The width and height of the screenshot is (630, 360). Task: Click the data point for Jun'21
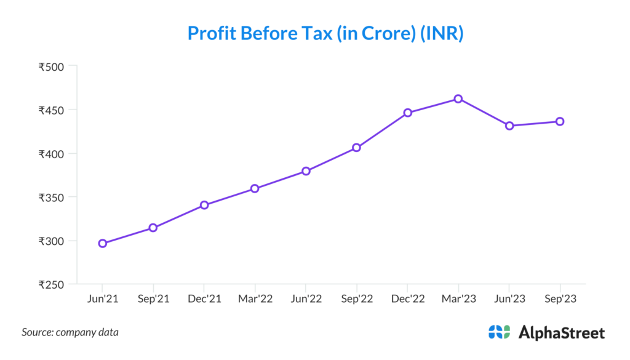(103, 244)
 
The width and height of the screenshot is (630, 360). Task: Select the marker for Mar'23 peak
(458, 98)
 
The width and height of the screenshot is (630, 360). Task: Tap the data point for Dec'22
(407, 113)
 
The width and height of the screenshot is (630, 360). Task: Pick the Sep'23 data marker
(560, 121)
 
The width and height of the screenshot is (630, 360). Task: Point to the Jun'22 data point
(306, 171)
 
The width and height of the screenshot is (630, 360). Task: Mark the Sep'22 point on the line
(356, 148)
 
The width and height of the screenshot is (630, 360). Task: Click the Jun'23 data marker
(509, 126)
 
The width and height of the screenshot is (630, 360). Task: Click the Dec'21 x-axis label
(204, 298)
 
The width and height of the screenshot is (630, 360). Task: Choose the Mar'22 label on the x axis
(255, 298)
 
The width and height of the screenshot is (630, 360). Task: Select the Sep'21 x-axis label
(153, 298)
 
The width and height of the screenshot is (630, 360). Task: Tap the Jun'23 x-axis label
(509, 298)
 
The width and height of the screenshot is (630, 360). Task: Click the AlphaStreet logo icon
(499, 332)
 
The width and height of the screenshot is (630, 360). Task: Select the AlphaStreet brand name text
(562, 333)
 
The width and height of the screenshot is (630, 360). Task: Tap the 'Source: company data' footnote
(70, 332)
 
